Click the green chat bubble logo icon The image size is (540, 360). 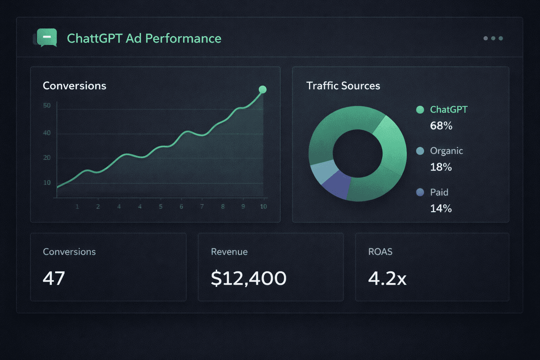[47, 37]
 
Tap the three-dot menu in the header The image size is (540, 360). [493, 38]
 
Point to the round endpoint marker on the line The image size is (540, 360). [263, 90]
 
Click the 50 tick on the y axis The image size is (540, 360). [47, 105]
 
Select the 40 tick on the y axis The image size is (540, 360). [47, 133]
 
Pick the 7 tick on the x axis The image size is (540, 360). [202, 207]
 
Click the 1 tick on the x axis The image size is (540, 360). [77, 207]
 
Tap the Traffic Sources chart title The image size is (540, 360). [343, 86]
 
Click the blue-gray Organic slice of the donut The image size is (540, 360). [323, 171]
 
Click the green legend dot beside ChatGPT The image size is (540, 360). [420, 110]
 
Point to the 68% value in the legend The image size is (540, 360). [441, 126]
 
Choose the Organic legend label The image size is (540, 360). [446, 151]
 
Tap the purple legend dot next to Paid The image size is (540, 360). [420, 192]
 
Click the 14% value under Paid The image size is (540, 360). [441, 208]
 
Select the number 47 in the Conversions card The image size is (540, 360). [54, 278]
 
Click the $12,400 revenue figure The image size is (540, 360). [249, 278]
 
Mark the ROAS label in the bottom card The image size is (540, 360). [380, 252]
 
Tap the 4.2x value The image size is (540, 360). [387, 278]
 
